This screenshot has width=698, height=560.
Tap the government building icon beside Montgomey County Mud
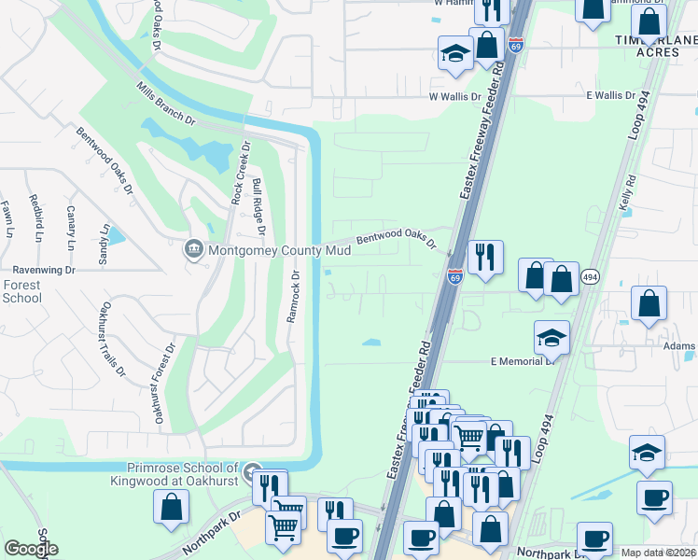tap(194, 249)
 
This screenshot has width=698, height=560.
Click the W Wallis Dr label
tap(454, 96)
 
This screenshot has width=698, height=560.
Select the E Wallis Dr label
tap(610, 96)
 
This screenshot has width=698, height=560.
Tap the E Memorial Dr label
tap(523, 360)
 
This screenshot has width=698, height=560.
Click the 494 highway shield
tap(590, 277)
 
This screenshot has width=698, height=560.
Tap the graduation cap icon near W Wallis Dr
tap(454, 53)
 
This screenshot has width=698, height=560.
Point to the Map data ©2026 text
tap(658, 553)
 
